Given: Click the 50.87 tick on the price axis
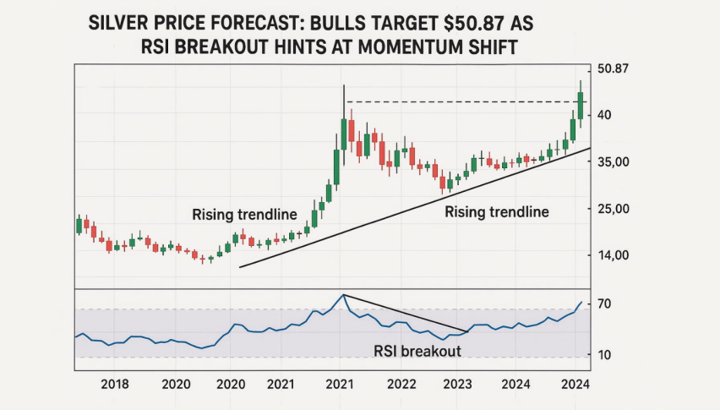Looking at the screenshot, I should pyautogui.click(x=613, y=68).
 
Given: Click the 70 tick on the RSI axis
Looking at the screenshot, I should pyautogui.click(x=606, y=303).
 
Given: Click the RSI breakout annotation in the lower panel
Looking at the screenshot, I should pyautogui.click(x=417, y=351).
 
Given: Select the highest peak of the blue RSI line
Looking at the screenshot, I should pyautogui.click(x=342, y=294).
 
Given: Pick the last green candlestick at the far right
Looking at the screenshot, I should pyautogui.click(x=581, y=105).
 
